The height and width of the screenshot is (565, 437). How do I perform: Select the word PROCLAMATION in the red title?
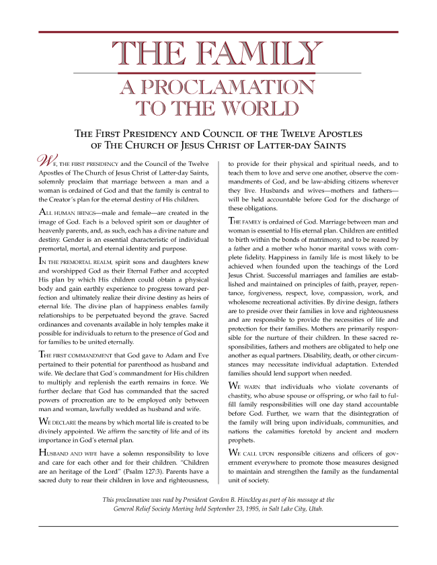[218, 88]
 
